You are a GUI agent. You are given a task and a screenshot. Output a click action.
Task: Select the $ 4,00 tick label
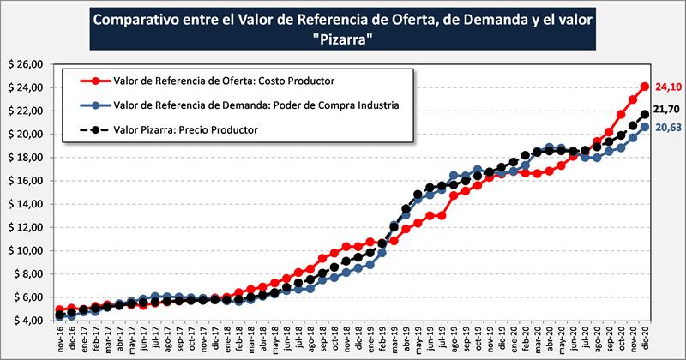tap(25, 321)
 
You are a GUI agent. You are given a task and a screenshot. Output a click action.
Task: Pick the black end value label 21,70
tap(666, 110)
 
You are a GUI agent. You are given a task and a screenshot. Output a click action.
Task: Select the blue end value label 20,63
tap(666, 127)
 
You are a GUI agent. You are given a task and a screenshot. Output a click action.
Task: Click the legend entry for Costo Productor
tap(223, 81)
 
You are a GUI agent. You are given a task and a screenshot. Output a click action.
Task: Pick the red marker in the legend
tap(93, 81)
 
